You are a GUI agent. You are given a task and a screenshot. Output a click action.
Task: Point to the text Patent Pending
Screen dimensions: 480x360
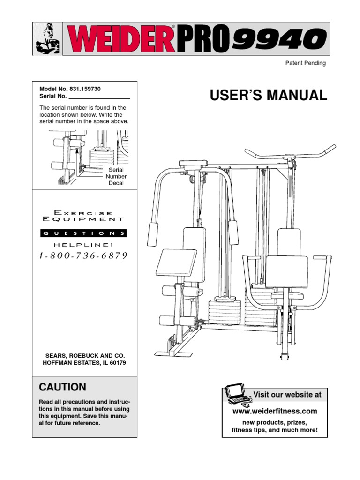(306, 63)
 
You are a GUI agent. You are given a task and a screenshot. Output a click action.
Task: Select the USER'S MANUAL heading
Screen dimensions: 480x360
(269, 95)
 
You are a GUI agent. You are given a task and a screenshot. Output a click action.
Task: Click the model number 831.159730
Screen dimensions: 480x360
(84, 89)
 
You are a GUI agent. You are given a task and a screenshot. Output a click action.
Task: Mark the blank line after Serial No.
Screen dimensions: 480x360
(99, 96)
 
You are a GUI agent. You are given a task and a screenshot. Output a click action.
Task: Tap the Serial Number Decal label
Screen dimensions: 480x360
(116, 176)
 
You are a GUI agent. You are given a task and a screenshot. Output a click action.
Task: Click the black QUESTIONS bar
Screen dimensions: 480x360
(84, 233)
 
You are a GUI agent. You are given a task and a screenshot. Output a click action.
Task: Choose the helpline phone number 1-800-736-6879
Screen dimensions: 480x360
(84, 256)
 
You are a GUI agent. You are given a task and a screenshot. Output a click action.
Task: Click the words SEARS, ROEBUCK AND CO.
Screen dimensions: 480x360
(84, 356)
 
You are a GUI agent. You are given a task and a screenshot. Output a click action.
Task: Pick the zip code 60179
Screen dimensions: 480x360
(116, 363)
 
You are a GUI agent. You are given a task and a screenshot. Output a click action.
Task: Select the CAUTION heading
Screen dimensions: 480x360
(62, 387)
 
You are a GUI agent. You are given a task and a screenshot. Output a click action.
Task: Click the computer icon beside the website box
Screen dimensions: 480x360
(236, 394)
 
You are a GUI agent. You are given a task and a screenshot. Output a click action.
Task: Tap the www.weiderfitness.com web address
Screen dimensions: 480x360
(275, 411)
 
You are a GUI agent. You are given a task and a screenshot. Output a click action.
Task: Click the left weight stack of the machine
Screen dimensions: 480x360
(224, 312)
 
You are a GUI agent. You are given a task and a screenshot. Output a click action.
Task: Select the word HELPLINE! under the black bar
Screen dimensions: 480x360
(84, 245)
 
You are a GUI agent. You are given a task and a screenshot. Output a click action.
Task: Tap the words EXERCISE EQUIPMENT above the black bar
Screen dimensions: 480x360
(84, 216)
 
